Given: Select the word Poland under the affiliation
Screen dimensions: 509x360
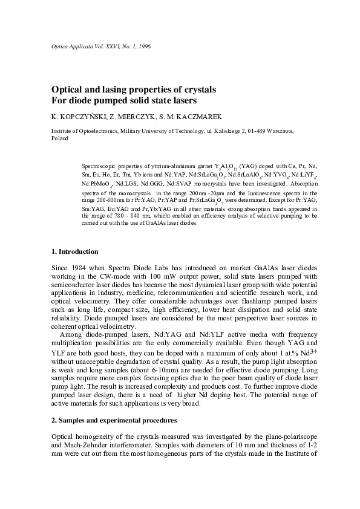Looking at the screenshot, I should [60, 138].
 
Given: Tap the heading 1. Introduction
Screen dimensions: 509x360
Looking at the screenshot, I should [78, 251].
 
